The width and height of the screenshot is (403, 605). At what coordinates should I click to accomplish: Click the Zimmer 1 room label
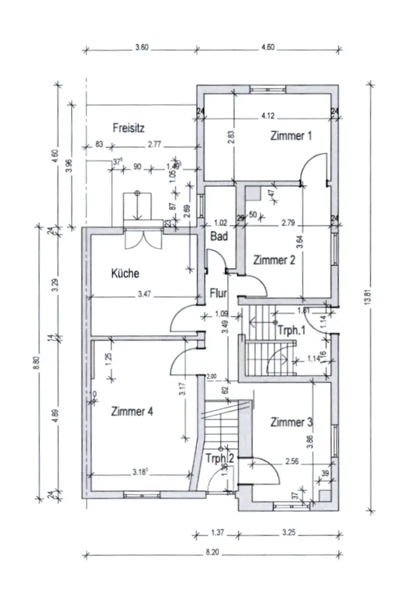pos(291,136)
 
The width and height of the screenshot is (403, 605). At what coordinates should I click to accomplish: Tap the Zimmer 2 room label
pos(274,260)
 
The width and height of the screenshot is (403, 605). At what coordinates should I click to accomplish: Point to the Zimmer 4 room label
pos(133,411)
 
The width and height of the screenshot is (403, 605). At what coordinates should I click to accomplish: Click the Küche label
pos(125,273)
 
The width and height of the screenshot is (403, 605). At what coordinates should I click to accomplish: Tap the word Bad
pos(219,237)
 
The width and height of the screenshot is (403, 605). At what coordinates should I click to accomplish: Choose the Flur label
pos(218,294)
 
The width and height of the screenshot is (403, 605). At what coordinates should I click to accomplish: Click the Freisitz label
pos(128,128)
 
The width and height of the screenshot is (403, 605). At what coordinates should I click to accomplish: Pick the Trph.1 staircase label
pos(292,331)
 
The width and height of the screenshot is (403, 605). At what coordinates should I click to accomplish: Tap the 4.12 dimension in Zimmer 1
pos(268,115)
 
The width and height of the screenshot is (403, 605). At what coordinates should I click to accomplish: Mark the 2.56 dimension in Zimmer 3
pos(293,462)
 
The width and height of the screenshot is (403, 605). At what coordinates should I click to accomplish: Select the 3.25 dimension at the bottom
pos(289,534)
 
